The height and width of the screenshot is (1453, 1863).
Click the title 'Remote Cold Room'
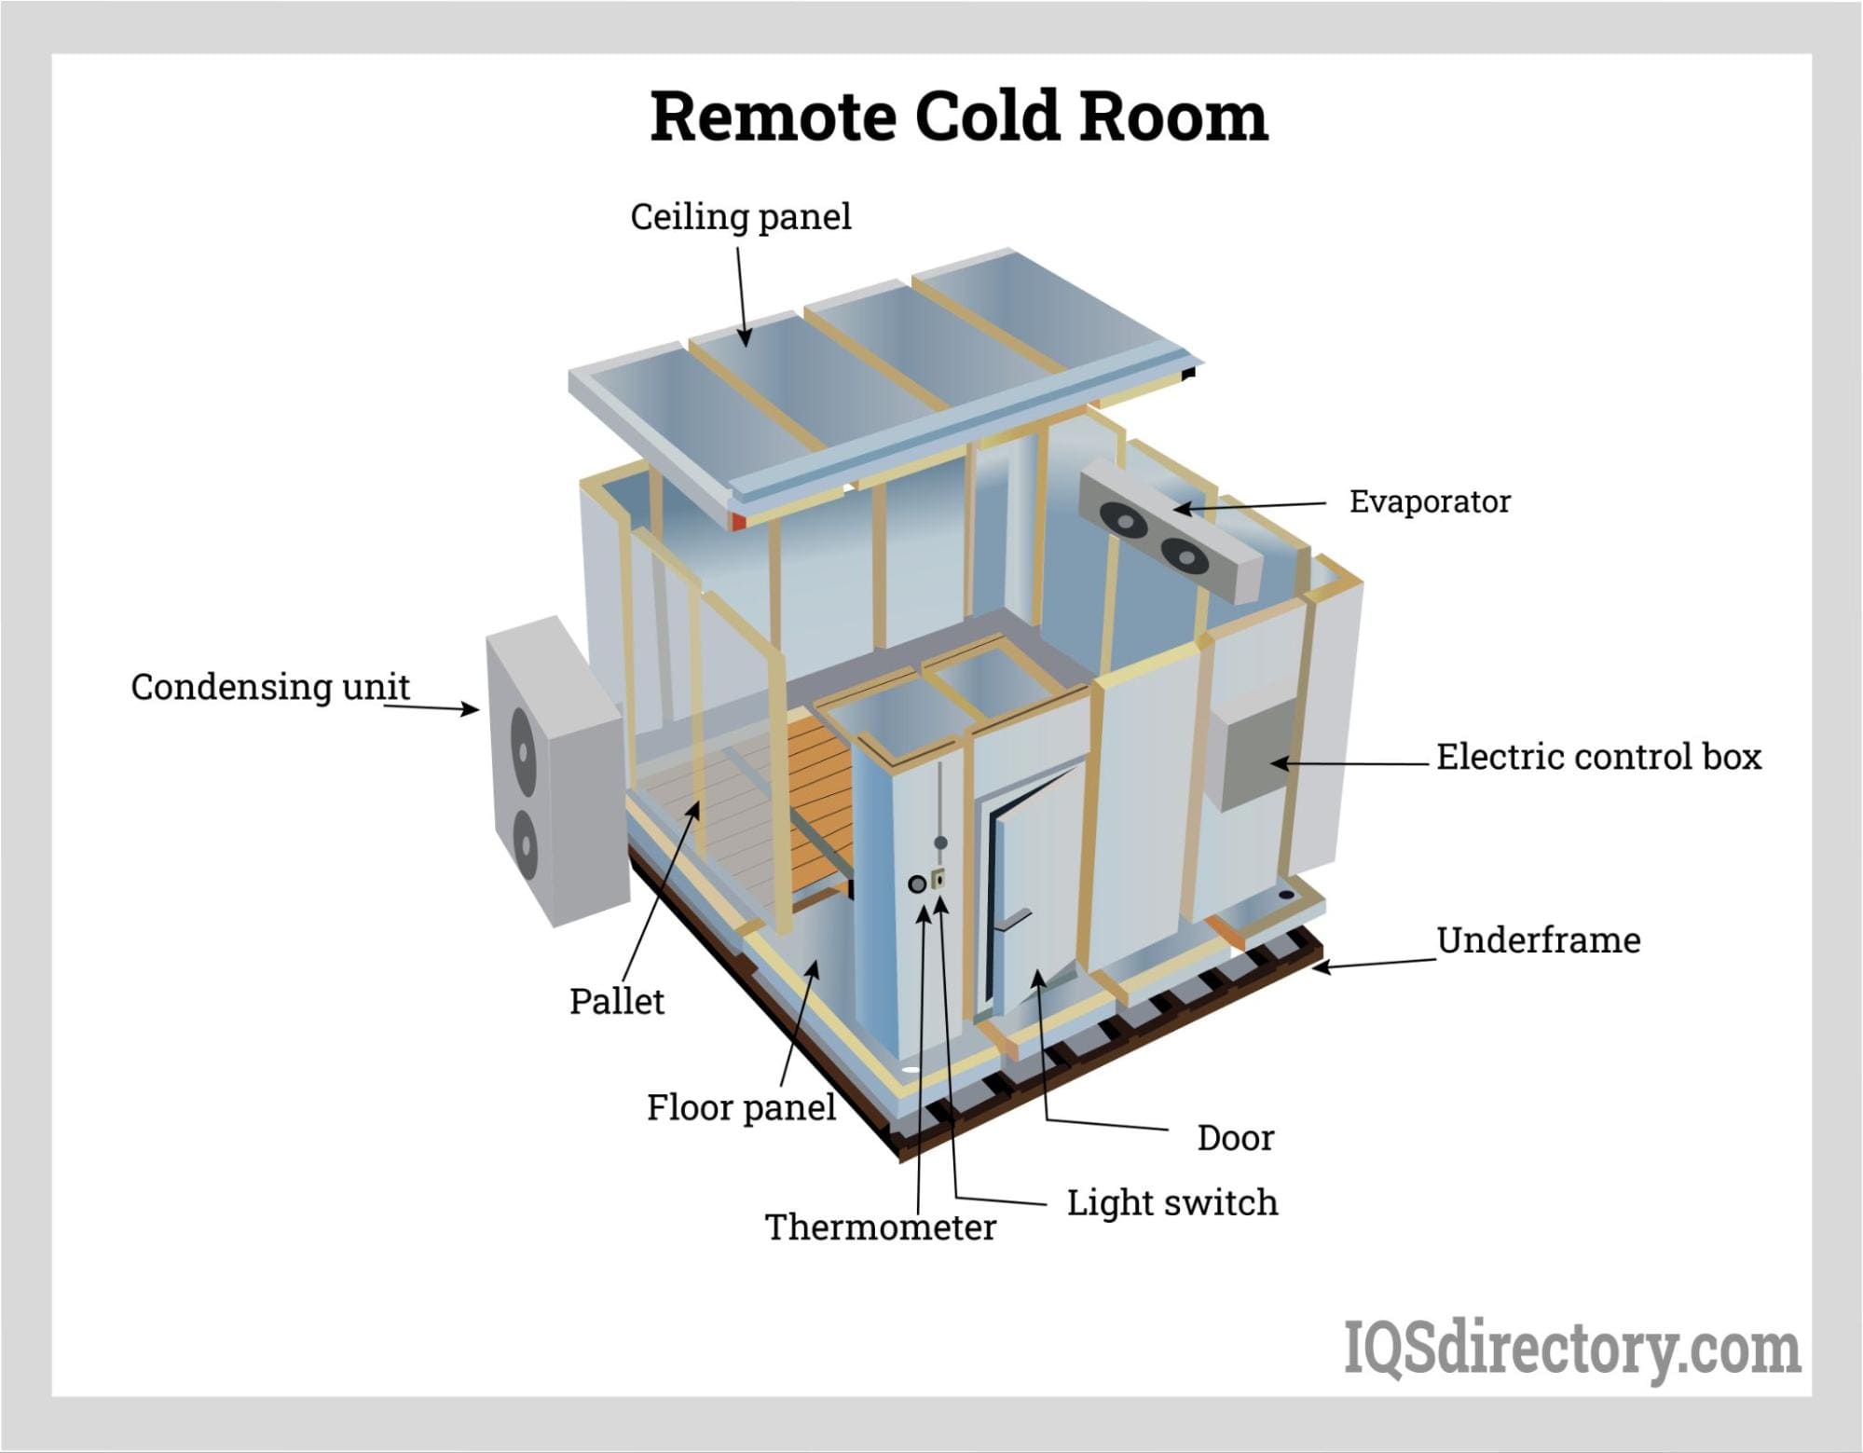point(959,117)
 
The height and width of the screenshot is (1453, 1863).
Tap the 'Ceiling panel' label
point(741,217)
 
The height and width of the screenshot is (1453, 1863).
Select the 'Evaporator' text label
point(1429,501)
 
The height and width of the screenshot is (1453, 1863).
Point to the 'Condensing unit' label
point(270,687)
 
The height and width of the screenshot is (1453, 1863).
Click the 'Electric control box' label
point(1598,757)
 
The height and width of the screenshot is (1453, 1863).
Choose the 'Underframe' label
point(1538,940)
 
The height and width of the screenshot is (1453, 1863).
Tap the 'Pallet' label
point(616,1001)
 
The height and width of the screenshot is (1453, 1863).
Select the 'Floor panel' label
point(741,1107)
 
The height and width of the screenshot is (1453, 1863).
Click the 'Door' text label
point(1235,1138)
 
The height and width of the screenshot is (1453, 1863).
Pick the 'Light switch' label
point(1171,1202)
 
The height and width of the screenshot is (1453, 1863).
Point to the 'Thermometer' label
point(880,1227)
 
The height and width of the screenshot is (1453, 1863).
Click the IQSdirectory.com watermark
point(1571,1349)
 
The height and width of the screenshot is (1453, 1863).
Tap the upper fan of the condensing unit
point(522,750)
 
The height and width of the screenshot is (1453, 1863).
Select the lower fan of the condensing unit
point(526,847)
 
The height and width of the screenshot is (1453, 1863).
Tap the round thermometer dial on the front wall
point(917,884)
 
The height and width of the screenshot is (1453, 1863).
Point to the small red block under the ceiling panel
point(738,520)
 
